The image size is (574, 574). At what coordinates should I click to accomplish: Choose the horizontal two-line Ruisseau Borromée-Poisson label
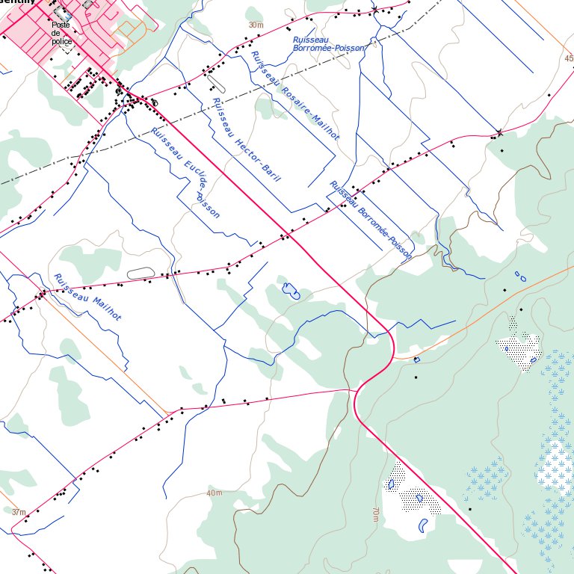pos(330,42)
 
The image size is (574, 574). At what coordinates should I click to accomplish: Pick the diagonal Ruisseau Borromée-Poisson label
pos(371,220)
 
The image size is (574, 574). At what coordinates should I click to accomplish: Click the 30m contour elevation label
pos(256,25)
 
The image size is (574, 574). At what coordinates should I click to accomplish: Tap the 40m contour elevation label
pos(215,493)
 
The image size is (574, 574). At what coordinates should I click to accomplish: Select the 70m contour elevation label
pos(375,513)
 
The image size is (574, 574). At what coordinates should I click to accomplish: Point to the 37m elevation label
pos(19,513)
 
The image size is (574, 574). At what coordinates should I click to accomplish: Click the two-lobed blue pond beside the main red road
pos(290,291)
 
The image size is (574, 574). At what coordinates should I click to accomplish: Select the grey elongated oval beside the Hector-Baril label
pos(215,81)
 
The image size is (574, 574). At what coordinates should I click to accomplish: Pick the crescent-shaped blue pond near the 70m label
pos(424,525)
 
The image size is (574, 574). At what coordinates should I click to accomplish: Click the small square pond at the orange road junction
pos(416,360)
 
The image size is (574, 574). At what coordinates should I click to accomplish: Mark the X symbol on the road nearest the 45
pos(499,134)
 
